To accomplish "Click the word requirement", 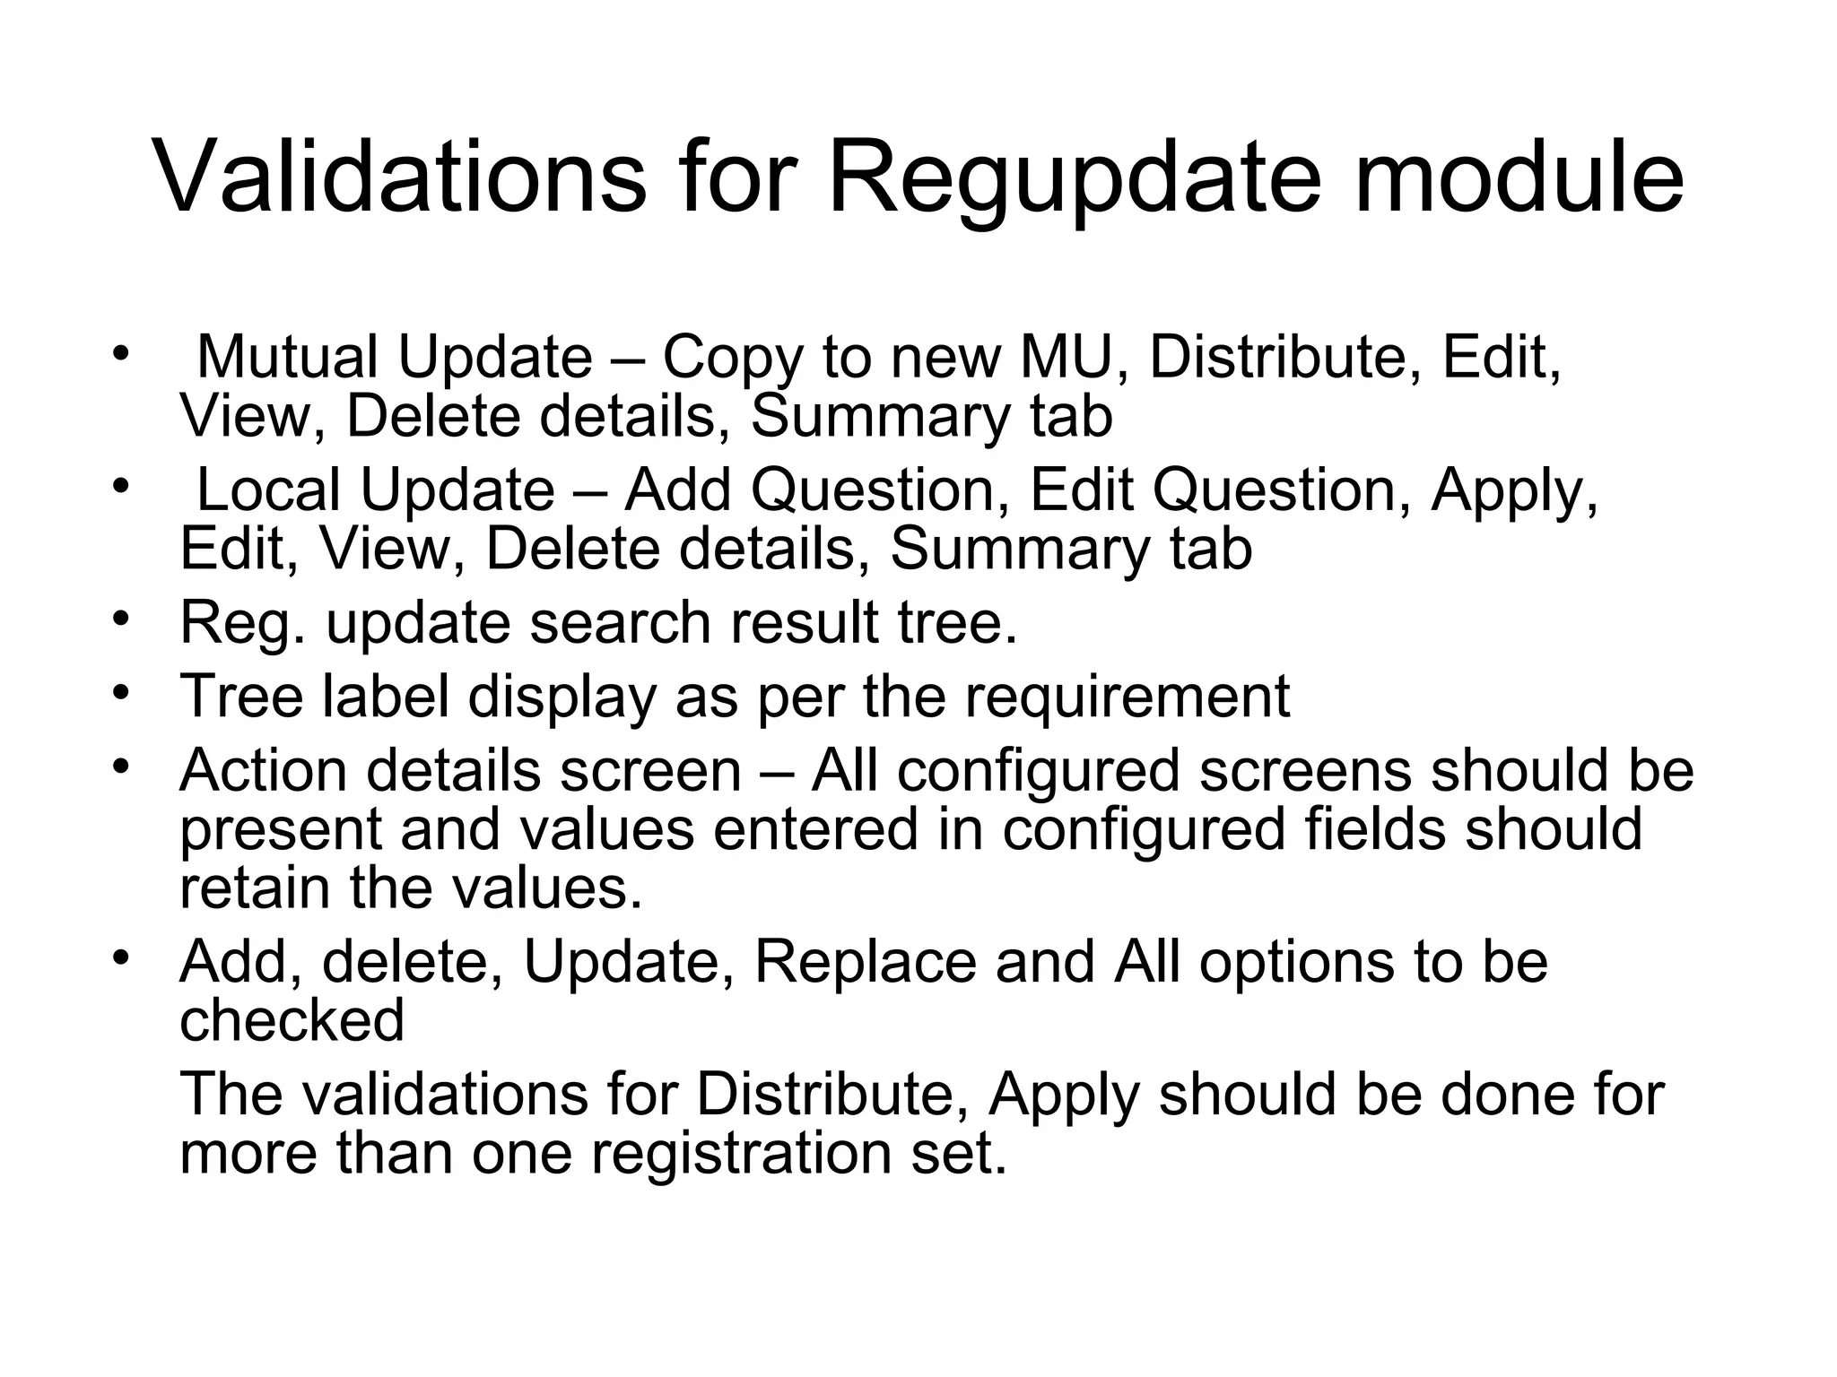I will tap(1127, 697).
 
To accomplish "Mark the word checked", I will tap(292, 1019).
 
